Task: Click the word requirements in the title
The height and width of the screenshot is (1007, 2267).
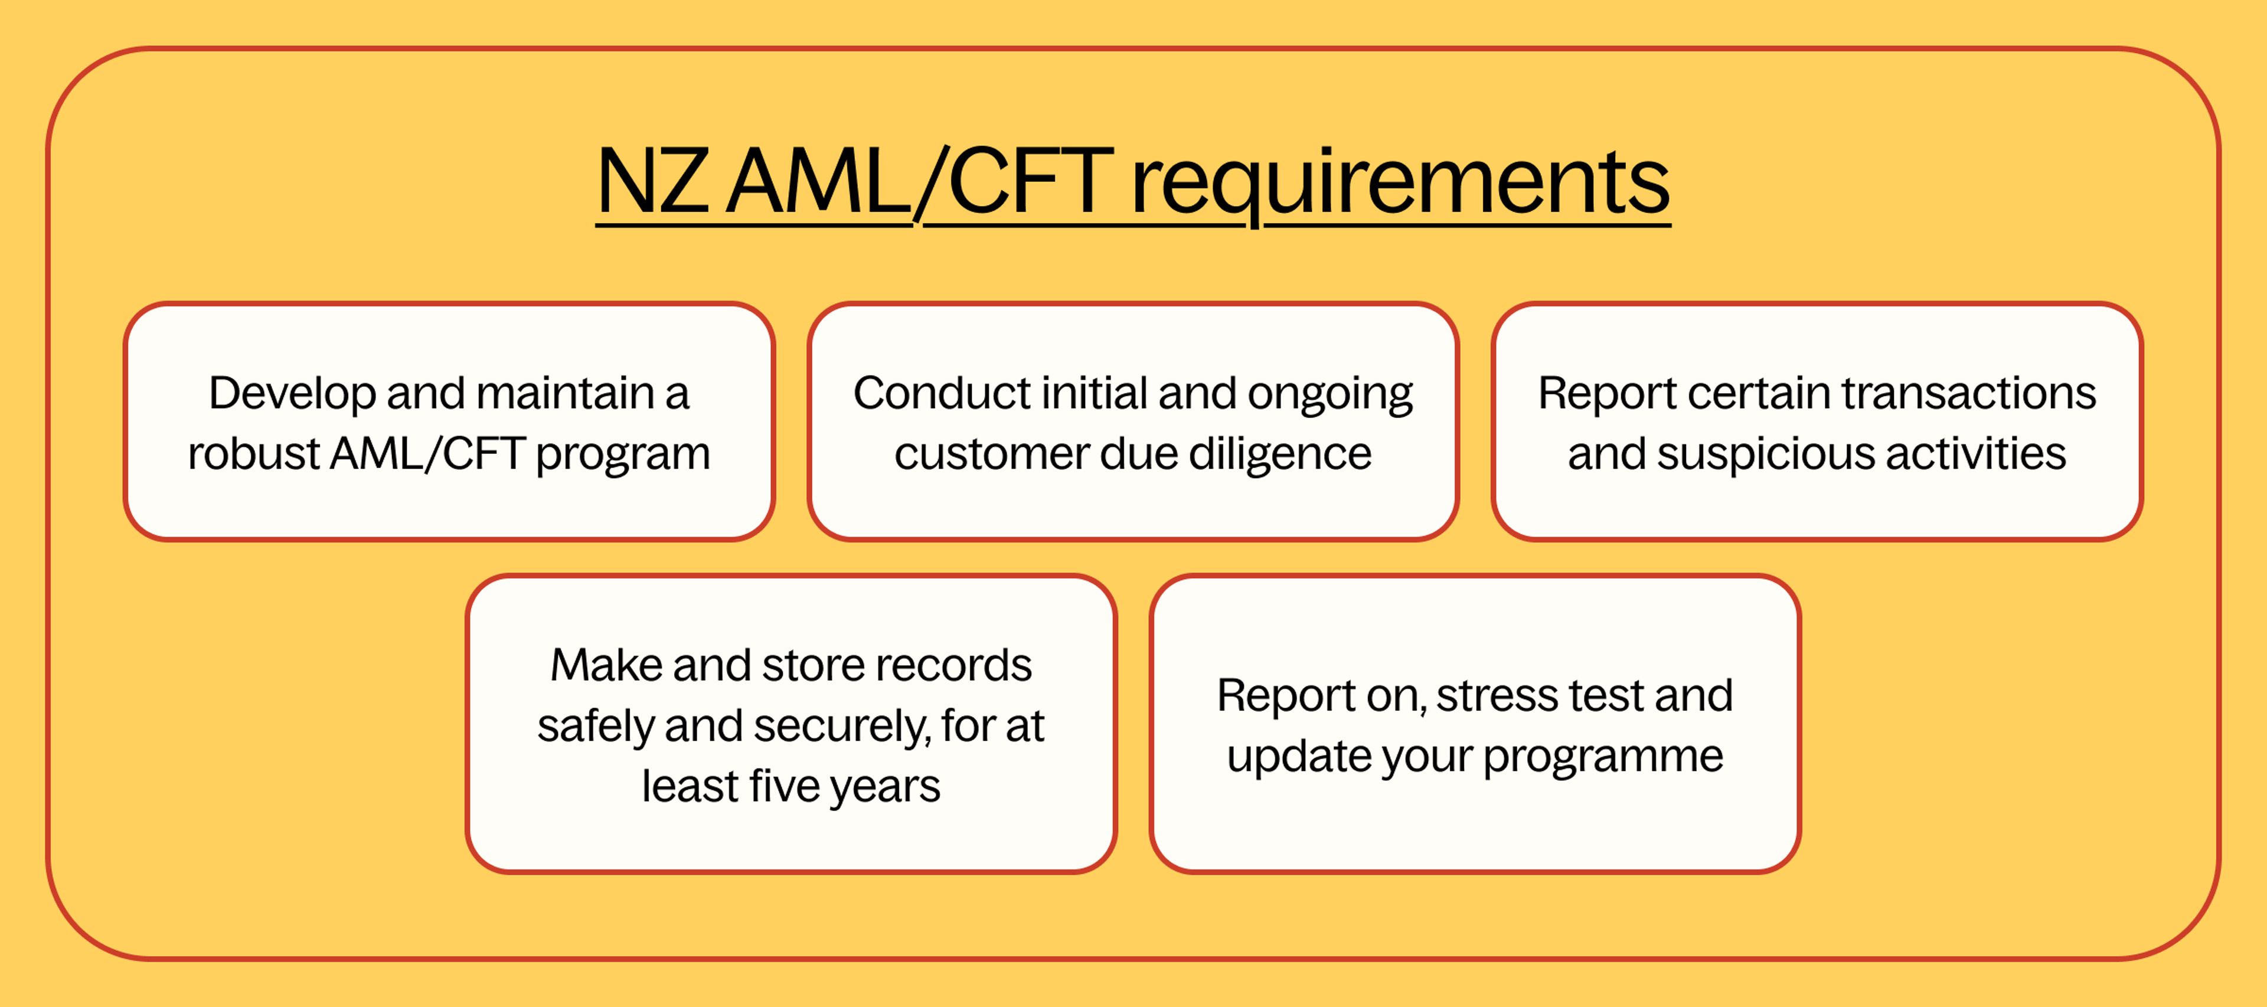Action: (1399, 182)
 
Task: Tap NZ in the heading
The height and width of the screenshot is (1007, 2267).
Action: (652, 182)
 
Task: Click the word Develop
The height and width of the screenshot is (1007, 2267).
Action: (291, 394)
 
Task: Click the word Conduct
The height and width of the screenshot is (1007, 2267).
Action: (941, 394)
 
